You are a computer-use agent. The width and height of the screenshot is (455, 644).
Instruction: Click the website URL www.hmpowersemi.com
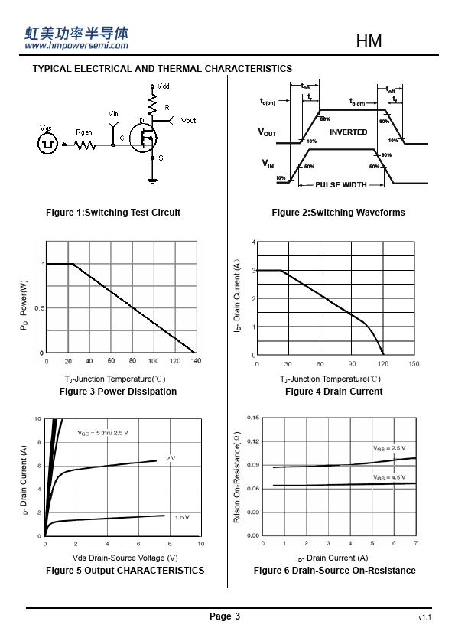pyautogui.click(x=76, y=46)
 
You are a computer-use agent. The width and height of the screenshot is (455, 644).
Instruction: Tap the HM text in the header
pyautogui.click(x=369, y=41)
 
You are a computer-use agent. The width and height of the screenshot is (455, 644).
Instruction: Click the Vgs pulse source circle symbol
pyautogui.click(x=47, y=144)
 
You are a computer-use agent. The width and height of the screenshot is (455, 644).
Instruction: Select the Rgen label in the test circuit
pyautogui.click(x=84, y=132)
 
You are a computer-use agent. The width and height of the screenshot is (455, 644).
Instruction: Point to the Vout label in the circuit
pyautogui.click(x=188, y=121)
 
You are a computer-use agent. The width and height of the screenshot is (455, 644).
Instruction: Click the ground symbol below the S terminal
pyautogui.click(x=152, y=181)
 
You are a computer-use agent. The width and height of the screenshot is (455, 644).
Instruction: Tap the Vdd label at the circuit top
pyautogui.click(x=163, y=86)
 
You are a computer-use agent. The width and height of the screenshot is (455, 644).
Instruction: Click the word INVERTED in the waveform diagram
pyautogui.click(x=348, y=132)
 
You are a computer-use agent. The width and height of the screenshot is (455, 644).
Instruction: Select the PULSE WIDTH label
pyautogui.click(x=341, y=185)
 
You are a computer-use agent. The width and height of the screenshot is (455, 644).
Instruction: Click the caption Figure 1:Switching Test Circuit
pyautogui.click(x=113, y=213)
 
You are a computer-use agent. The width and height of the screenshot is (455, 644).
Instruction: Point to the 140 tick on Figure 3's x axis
pyautogui.click(x=197, y=360)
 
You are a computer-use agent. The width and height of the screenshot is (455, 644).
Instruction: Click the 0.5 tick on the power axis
pyautogui.click(x=40, y=308)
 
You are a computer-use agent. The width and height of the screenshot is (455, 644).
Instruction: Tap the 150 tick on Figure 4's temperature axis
pyautogui.click(x=414, y=363)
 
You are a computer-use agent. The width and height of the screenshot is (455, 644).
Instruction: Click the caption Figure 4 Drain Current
pyautogui.click(x=334, y=392)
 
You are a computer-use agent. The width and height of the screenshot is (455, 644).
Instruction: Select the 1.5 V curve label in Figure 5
pyautogui.click(x=182, y=517)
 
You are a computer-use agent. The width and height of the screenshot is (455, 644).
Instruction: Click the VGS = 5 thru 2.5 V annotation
pyautogui.click(x=102, y=433)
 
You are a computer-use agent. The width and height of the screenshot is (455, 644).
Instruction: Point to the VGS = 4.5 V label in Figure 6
pyautogui.click(x=389, y=477)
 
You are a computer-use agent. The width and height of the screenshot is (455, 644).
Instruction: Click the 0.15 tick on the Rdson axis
pyautogui.click(x=253, y=418)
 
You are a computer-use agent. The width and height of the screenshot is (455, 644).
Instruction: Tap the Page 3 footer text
pyautogui.click(x=225, y=616)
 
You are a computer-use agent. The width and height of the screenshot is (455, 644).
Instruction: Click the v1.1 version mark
pyautogui.click(x=424, y=617)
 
